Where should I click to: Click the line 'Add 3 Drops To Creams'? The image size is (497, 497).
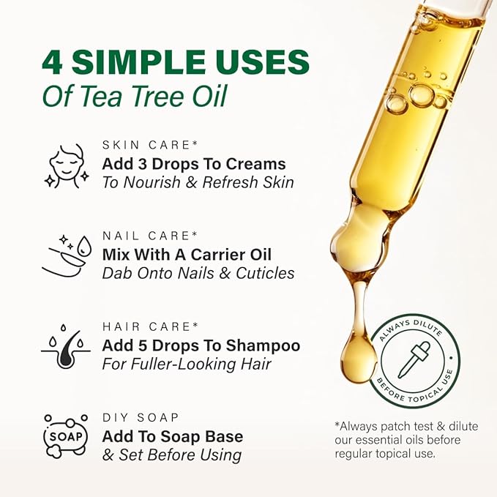coord(194,163)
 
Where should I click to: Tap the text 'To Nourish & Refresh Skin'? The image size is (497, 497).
coord(198,182)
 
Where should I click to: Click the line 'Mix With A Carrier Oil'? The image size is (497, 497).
coord(187,254)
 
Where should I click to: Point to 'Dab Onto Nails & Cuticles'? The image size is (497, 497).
coord(198,273)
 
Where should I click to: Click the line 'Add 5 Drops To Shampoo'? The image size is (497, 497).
coord(201,345)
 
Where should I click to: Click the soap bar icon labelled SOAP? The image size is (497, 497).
coord(67,437)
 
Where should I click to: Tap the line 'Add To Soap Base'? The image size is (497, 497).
coord(173,436)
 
